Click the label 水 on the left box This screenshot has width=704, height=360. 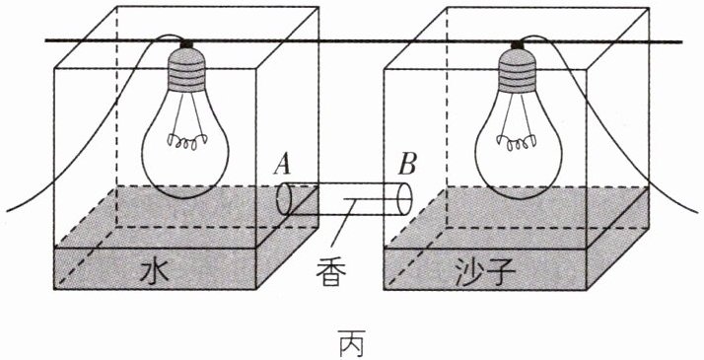(x=154, y=270)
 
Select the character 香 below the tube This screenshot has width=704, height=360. (x=331, y=271)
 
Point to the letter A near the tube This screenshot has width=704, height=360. (x=282, y=166)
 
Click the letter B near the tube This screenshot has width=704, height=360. (x=407, y=165)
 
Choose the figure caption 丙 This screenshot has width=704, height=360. (x=352, y=343)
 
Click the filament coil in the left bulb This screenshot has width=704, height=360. (x=184, y=142)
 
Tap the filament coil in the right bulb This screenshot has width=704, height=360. (x=518, y=143)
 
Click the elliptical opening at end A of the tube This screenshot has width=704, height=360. (x=284, y=198)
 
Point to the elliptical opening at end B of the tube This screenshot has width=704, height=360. (x=404, y=198)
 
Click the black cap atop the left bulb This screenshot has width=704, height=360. (x=186, y=44)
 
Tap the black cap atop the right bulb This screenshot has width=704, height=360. (x=518, y=44)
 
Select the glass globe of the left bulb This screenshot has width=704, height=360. (x=185, y=144)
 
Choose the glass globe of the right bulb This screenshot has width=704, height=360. (x=518, y=144)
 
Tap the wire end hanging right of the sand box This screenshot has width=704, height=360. (x=699, y=211)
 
